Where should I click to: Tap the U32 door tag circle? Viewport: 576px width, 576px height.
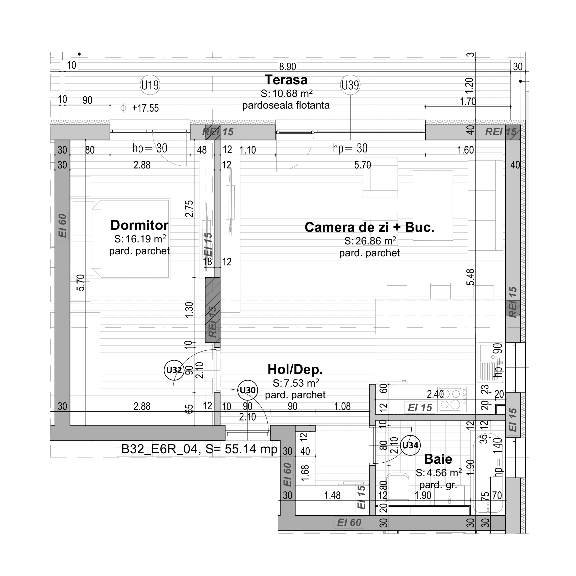[x=174, y=370]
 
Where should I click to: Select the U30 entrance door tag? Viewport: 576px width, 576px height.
[x=247, y=390]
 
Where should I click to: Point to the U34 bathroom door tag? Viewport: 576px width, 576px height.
[x=410, y=445]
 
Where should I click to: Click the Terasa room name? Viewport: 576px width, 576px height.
[x=286, y=80]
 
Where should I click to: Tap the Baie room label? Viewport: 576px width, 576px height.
[x=438, y=459]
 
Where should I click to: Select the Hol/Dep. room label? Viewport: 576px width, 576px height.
[x=295, y=369]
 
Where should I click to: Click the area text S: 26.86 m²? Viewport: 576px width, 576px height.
[x=370, y=241]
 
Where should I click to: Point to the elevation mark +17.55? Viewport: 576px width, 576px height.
[x=145, y=108]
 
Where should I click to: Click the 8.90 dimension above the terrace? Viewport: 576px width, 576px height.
[x=287, y=66]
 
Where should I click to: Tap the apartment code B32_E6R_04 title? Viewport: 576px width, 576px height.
[x=159, y=449]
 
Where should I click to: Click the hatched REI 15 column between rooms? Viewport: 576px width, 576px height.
[x=212, y=310]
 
